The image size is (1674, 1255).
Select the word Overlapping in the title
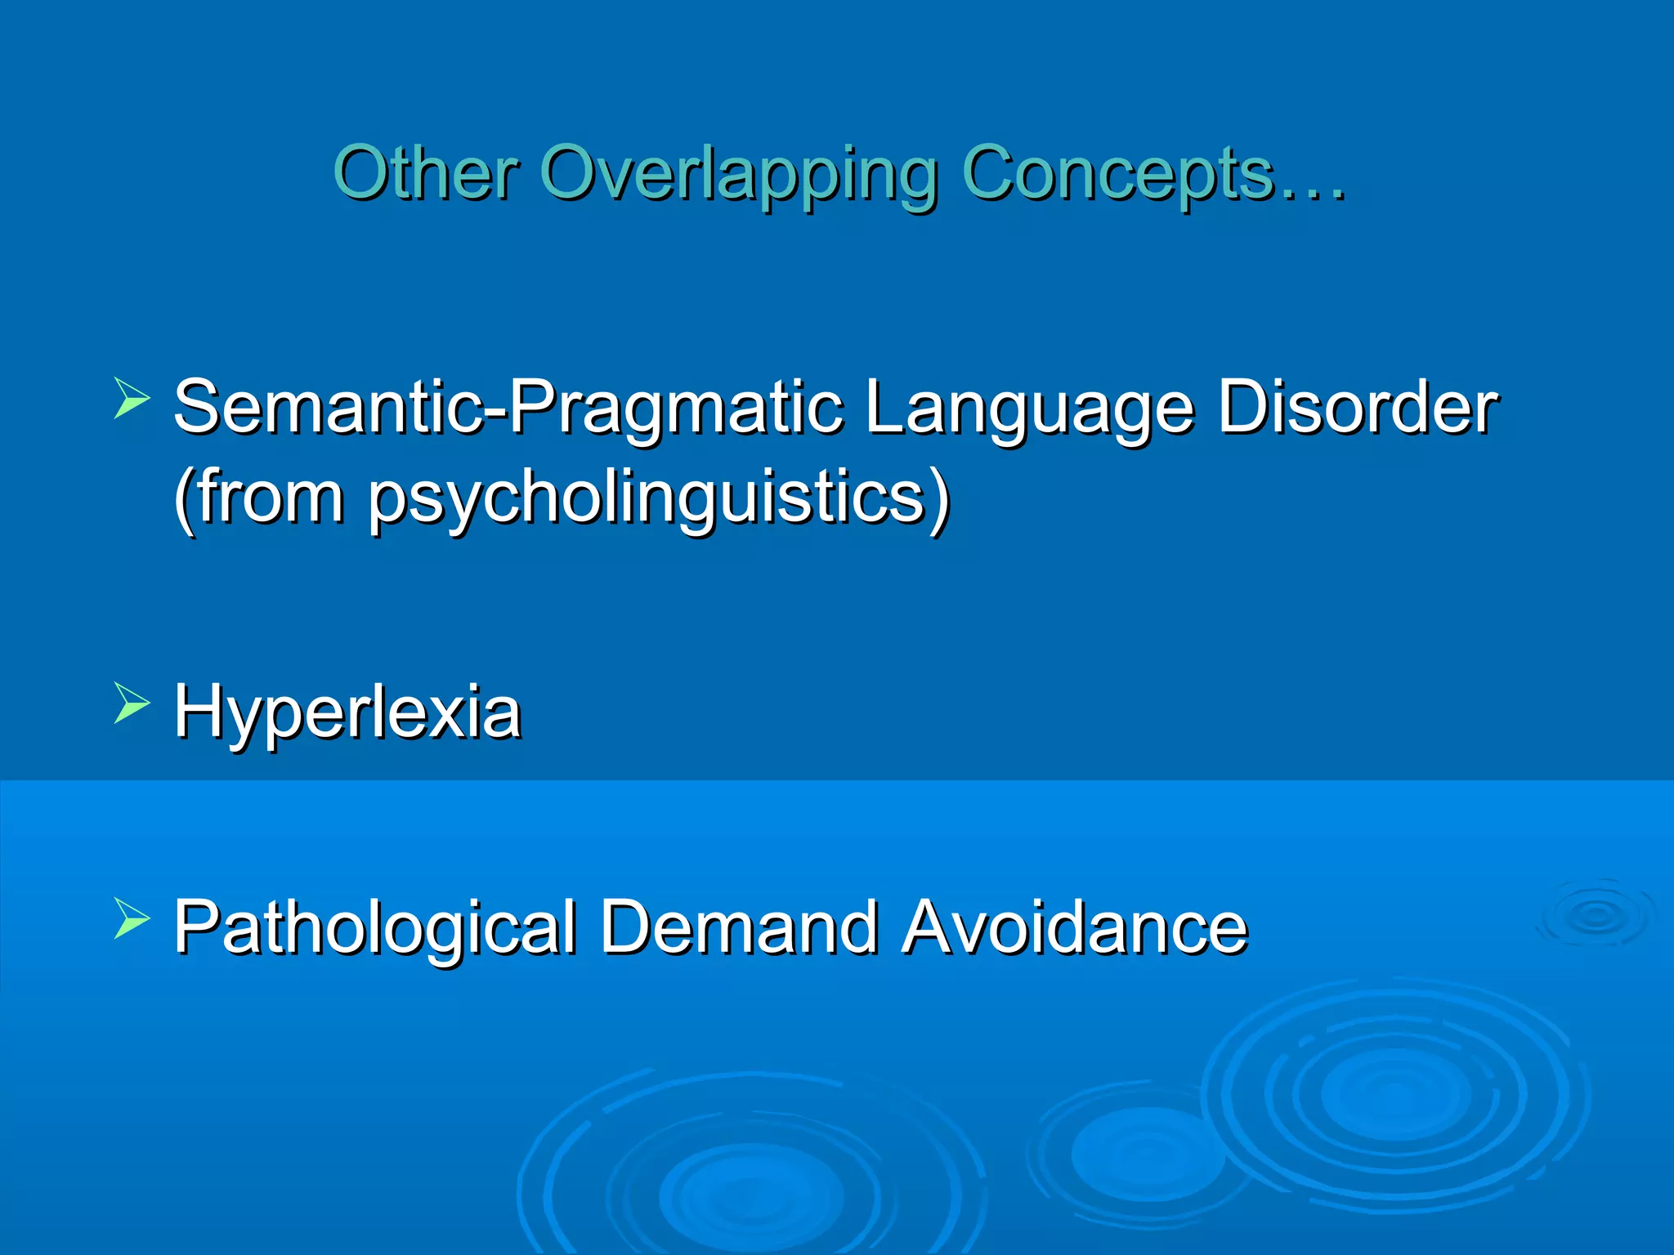739,175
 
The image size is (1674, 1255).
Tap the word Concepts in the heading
1117,174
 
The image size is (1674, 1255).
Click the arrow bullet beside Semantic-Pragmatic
132,398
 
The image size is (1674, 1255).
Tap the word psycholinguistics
646,499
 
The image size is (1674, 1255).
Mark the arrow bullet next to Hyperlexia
132,703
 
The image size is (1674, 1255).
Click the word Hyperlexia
347,713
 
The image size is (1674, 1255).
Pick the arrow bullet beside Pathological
132,918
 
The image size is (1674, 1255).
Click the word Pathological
375,927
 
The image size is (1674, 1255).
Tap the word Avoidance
1074,927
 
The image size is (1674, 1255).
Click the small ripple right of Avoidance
1595,914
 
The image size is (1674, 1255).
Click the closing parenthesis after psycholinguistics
940,499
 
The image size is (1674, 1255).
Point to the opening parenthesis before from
185,499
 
